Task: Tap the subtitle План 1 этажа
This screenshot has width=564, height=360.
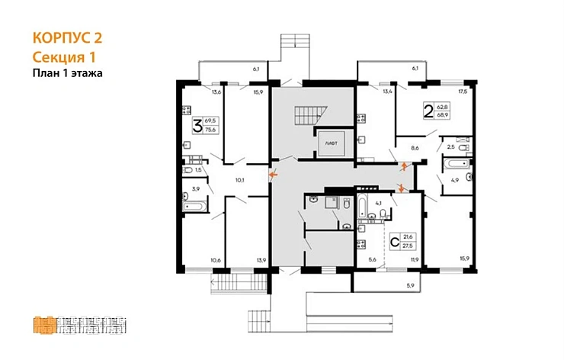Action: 67,73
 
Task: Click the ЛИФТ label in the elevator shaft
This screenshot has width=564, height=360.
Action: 331,143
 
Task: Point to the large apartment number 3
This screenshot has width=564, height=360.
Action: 197,126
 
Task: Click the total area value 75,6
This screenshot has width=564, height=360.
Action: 210,130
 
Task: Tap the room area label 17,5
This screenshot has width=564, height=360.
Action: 462,92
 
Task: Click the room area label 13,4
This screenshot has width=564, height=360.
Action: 366,92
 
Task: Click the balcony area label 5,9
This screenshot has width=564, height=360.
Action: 409,285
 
